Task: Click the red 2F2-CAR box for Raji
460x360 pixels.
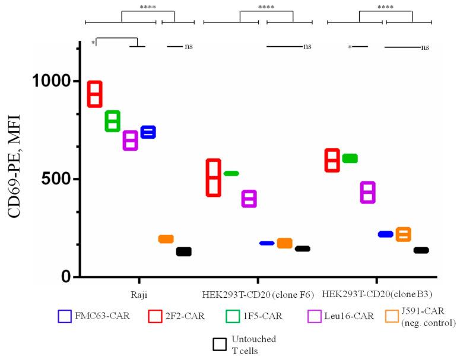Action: point(95,94)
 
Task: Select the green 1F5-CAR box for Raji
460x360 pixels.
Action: point(113,121)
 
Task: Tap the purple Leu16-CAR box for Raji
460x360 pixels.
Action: point(131,141)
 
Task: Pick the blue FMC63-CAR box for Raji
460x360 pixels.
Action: point(148,132)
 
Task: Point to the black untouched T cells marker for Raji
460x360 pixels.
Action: point(183,251)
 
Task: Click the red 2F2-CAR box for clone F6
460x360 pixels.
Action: point(213,177)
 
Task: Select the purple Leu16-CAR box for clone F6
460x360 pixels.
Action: point(249,199)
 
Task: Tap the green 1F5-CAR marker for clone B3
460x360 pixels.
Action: point(350,158)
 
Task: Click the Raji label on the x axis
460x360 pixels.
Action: point(139,293)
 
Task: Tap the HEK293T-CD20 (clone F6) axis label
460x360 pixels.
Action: point(257,293)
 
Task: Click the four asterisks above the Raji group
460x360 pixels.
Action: point(148,8)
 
